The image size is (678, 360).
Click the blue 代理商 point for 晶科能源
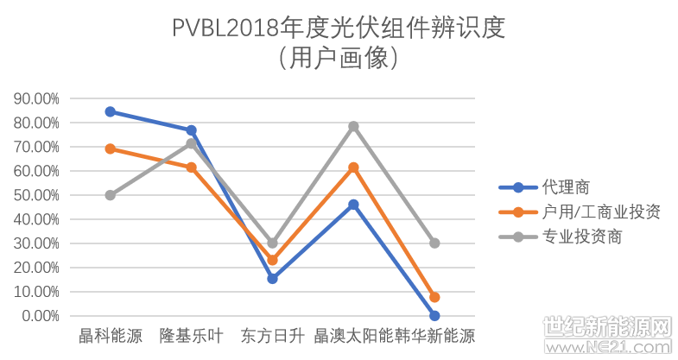pos(111,111)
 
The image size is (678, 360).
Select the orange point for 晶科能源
pos(111,148)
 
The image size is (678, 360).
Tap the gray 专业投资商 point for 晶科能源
pos(111,195)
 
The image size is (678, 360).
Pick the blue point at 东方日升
pos(272,279)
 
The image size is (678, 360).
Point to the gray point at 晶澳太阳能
pos(353,126)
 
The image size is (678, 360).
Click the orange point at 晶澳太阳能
pos(353,167)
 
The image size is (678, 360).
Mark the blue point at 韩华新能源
pos(434,316)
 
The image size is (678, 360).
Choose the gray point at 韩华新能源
pos(434,243)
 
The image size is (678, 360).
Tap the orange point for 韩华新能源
pos(434,297)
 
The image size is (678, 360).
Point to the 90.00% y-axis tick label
pos(37,98)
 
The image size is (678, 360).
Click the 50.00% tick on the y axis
pos(37,195)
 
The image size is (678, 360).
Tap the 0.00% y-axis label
pos(41,316)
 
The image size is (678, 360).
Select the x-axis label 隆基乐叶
pos(191,336)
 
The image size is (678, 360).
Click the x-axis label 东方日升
pos(272,336)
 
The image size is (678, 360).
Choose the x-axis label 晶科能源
pos(111,336)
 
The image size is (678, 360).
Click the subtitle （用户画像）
pos(338,58)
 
